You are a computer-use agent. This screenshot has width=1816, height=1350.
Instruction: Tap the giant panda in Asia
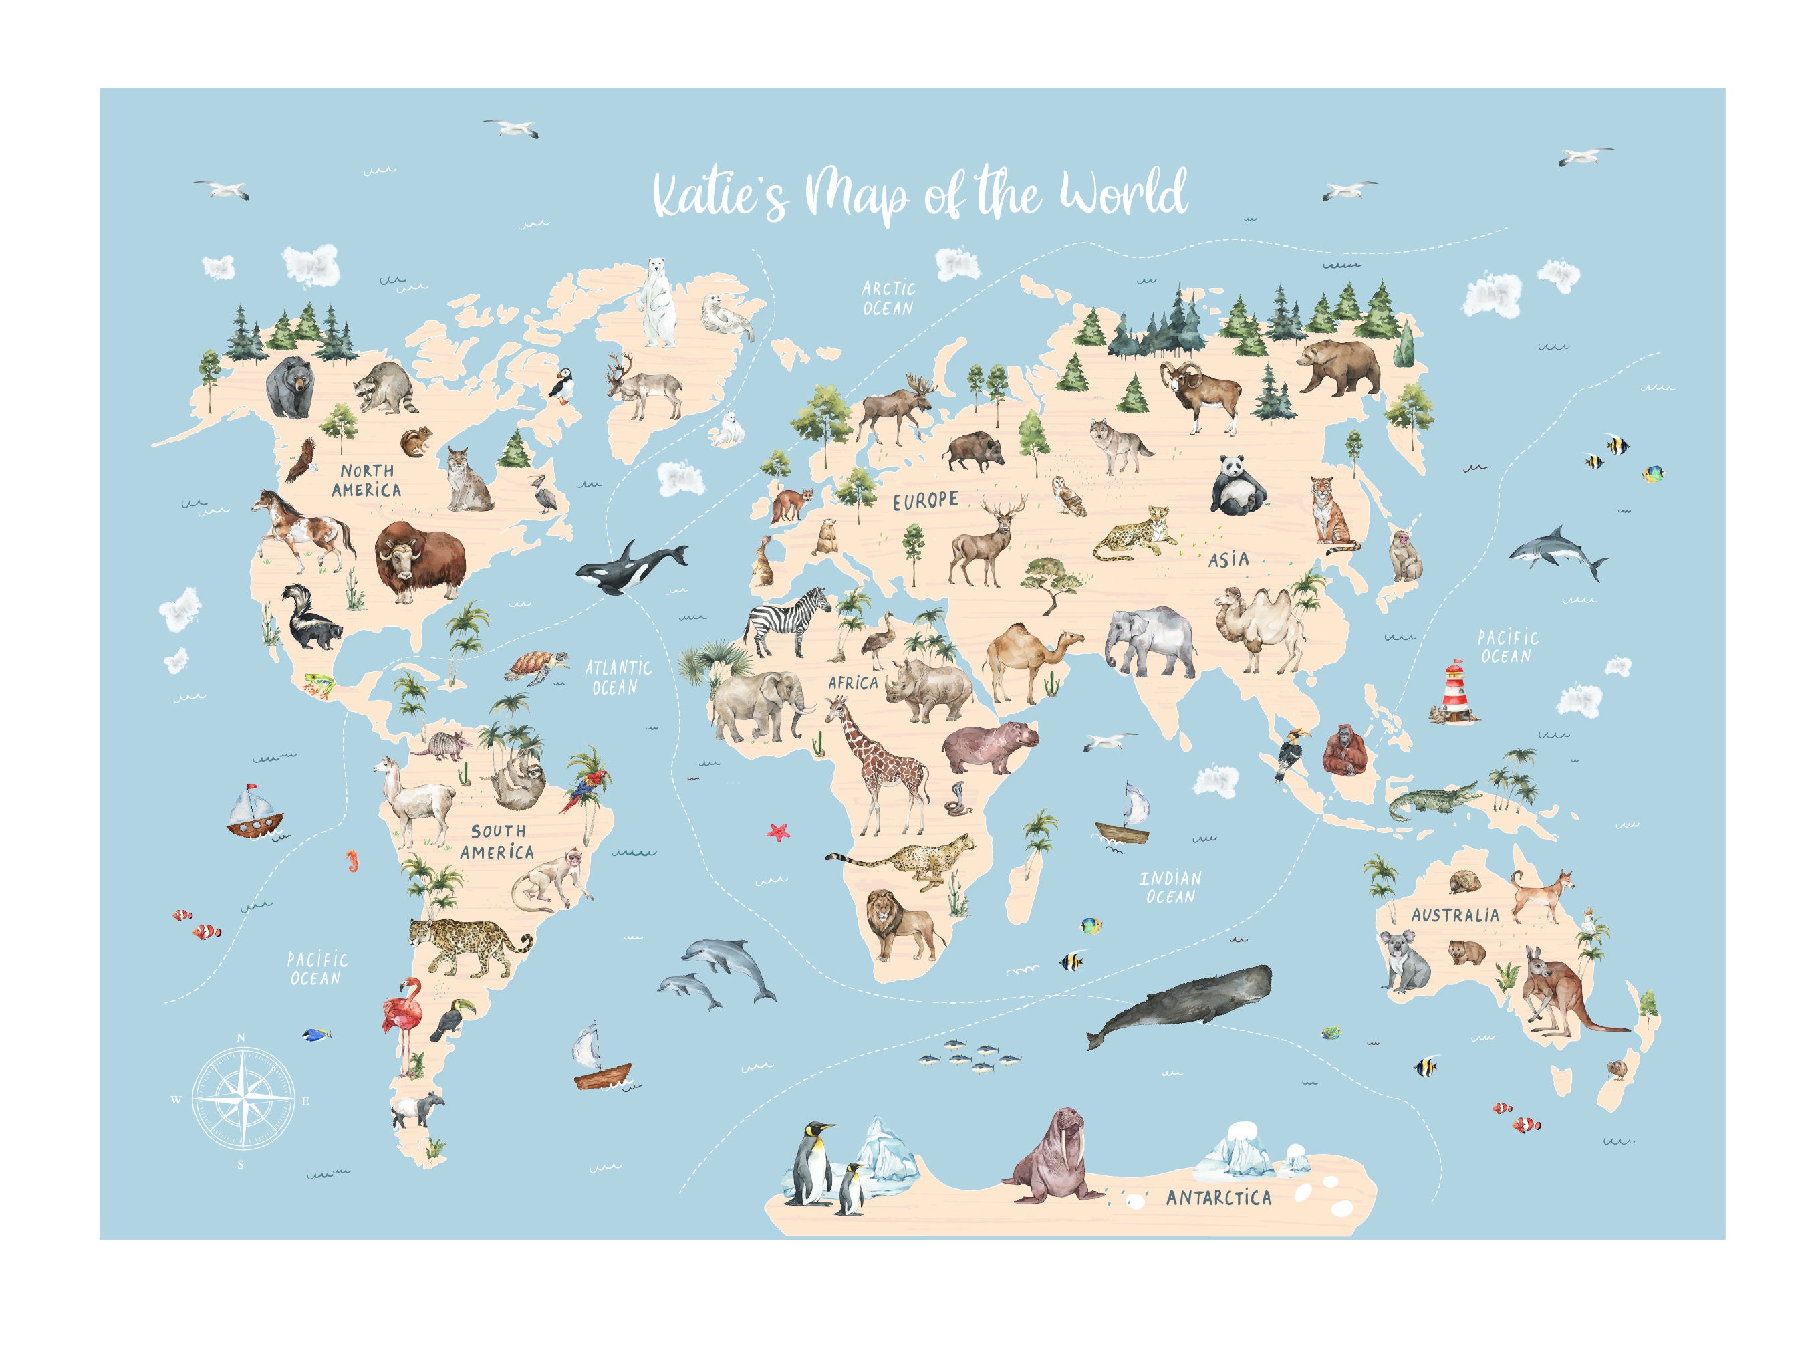pyautogui.click(x=1236, y=486)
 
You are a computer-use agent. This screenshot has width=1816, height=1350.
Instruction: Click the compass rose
pyautogui.click(x=243, y=1099)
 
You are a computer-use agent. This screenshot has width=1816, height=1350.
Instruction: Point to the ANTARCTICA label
pyautogui.click(x=1218, y=1198)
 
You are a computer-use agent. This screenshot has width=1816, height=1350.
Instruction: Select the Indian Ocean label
pyautogui.click(x=1170, y=887)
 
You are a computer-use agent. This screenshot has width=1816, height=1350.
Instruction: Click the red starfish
pyautogui.click(x=779, y=832)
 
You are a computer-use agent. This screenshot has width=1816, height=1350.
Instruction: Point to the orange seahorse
pyautogui.click(x=352, y=861)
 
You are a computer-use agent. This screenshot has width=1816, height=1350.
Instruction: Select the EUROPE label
pyautogui.click(x=925, y=500)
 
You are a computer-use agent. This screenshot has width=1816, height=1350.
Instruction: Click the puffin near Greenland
pyautogui.click(x=561, y=384)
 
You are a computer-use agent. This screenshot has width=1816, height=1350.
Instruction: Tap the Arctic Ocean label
pyautogui.click(x=888, y=298)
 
